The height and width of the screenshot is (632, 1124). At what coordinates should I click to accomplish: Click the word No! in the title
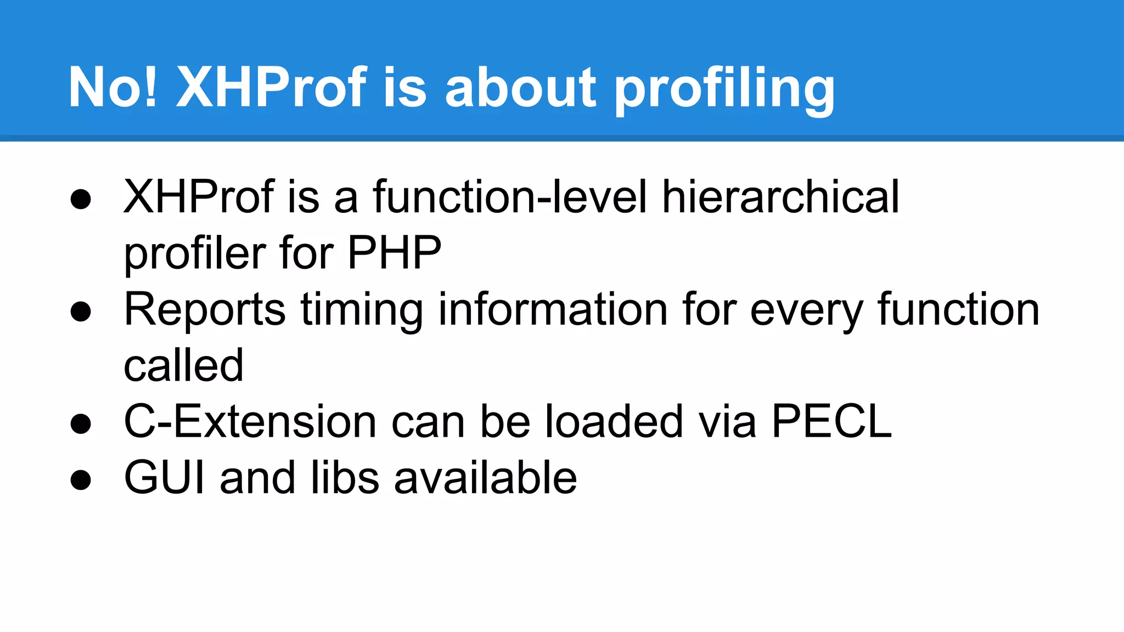point(113,87)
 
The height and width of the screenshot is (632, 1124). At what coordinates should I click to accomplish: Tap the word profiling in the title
point(724,89)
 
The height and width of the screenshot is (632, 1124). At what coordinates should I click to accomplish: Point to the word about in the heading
point(520,87)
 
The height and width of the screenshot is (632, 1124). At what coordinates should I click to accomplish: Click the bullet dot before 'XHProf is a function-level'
point(81,199)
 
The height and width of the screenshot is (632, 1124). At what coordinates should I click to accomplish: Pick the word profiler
point(194,253)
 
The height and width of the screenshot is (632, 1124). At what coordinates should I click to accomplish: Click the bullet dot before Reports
point(81,312)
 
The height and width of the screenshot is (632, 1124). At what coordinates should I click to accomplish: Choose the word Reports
point(205,309)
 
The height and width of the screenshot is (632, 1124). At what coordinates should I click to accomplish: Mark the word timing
point(362,311)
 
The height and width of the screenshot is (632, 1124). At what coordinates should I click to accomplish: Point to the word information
point(553,309)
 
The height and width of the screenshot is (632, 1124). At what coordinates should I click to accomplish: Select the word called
point(183,365)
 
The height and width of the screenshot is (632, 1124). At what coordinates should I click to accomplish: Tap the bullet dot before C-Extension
point(81,424)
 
